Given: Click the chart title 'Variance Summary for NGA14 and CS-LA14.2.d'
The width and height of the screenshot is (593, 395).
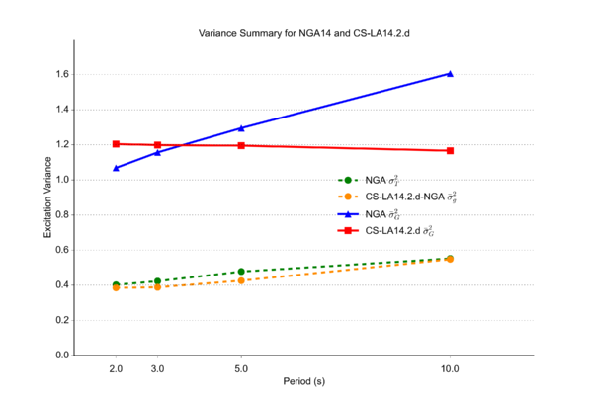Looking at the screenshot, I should pos(296,32).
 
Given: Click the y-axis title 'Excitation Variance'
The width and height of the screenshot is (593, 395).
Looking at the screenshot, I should pos(46,197).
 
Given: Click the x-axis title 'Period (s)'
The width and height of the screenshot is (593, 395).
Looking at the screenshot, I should pos(296,380).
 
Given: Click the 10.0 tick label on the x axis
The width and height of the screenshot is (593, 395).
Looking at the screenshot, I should pos(450,366).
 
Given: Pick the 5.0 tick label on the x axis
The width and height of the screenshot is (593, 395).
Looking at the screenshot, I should pos(241,366).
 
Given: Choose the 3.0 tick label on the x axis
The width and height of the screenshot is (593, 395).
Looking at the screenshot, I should pos(157,366).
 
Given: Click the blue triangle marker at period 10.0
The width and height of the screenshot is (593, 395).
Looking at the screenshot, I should pos(450,73).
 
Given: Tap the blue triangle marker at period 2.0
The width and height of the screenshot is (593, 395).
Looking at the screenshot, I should pos(116,168).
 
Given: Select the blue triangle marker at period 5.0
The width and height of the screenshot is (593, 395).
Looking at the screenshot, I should pos(241,127).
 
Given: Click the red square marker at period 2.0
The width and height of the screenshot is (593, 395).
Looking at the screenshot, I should pos(116,144).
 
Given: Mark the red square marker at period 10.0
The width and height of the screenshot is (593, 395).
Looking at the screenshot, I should pos(450,150).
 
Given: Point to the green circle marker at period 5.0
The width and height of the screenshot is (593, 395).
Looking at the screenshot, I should pos(241,272).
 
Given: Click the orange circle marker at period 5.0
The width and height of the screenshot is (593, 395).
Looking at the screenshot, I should pos(241,280).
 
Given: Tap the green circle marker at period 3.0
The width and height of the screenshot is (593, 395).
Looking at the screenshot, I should pos(157,281).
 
